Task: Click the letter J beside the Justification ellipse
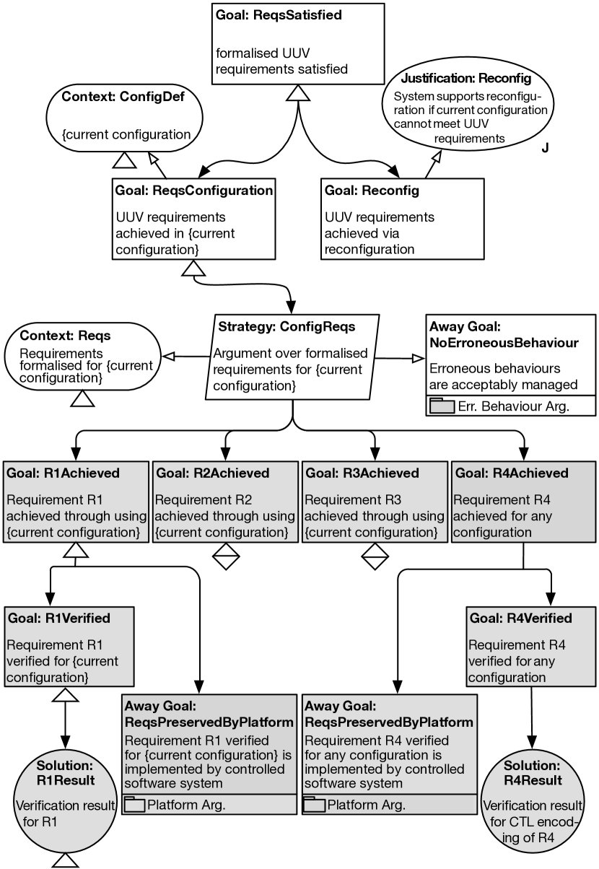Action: tap(545, 148)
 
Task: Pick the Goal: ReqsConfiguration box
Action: tap(193, 218)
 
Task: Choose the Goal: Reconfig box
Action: tap(401, 218)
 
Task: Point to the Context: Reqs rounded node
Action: tap(82, 357)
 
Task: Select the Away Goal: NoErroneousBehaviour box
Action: tap(511, 364)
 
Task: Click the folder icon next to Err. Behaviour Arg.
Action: tap(441, 406)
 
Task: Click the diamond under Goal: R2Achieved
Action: tap(226, 556)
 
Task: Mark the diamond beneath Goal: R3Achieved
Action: tap(375, 556)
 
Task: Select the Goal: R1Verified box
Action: tap(69, 646)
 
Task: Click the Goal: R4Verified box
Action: tap(531, 646)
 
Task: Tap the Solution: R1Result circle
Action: tap(65, 800)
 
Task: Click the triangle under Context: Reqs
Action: tap(83, 397)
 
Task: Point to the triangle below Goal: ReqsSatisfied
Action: tap(299, 92)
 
